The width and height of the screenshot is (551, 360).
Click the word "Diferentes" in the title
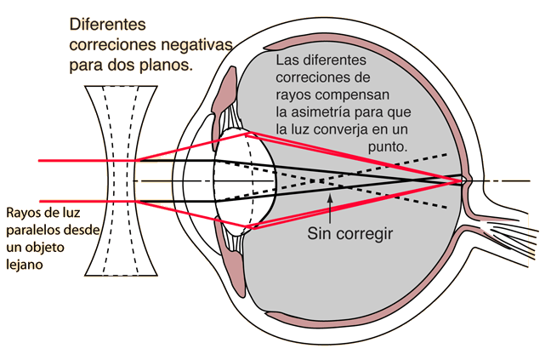107,25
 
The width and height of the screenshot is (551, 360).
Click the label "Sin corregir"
350,233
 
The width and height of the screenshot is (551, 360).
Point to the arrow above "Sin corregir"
330,209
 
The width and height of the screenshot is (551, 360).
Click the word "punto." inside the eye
388,147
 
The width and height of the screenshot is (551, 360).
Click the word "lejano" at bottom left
25,265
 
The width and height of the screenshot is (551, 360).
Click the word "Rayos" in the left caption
21,213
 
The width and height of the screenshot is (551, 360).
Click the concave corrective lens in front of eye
121,180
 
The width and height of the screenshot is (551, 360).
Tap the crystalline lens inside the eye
245,181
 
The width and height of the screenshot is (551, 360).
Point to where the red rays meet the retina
462,181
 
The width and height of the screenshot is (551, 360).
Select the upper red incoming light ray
87,161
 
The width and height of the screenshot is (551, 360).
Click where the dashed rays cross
318,181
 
